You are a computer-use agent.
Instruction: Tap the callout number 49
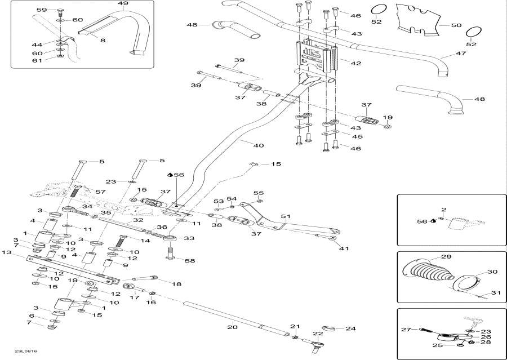tap(123, 4)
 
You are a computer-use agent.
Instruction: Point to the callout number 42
tap(355, 64)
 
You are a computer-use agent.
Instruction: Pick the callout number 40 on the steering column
tap(258, 145)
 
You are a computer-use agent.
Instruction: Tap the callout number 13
tap(7, 253)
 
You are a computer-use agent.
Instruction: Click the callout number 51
tap(286, 216)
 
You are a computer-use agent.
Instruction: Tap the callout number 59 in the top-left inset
tap(42, 10)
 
